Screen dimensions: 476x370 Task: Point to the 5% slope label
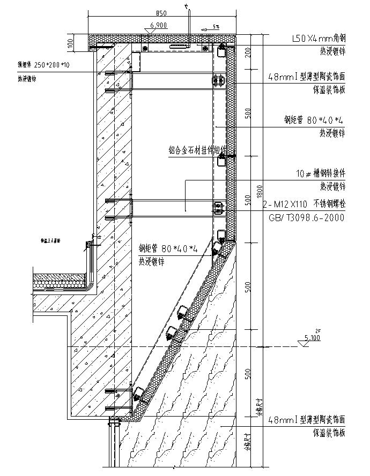[x=216, y=26]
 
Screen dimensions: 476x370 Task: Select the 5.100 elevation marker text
[x=312, y=338]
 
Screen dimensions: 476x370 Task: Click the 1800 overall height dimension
[x=259, y=190]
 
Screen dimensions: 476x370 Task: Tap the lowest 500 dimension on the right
[x=247, y=374]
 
